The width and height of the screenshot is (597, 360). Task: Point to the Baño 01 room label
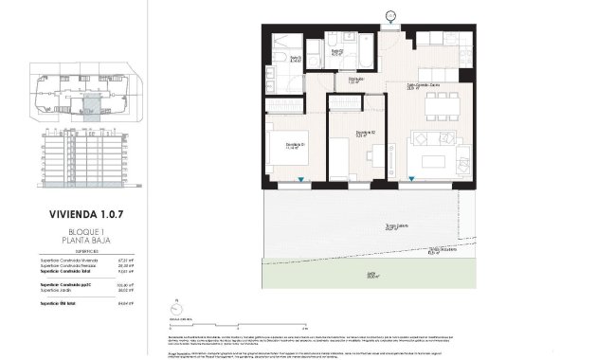[295, 59]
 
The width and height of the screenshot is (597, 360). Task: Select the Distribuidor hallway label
[355, 81]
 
